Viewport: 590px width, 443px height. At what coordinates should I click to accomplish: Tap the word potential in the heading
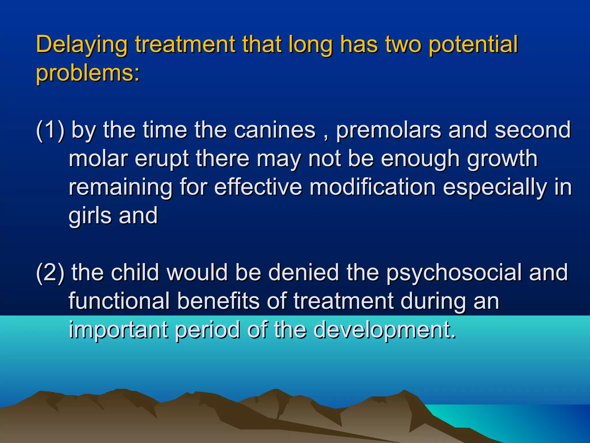473,45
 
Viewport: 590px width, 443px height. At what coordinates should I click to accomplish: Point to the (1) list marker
50,130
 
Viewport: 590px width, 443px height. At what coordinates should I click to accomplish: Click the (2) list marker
50,273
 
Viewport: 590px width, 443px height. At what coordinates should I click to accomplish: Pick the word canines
275,130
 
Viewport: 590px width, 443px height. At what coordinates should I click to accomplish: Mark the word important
118,329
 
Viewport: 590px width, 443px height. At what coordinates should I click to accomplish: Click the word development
384,329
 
